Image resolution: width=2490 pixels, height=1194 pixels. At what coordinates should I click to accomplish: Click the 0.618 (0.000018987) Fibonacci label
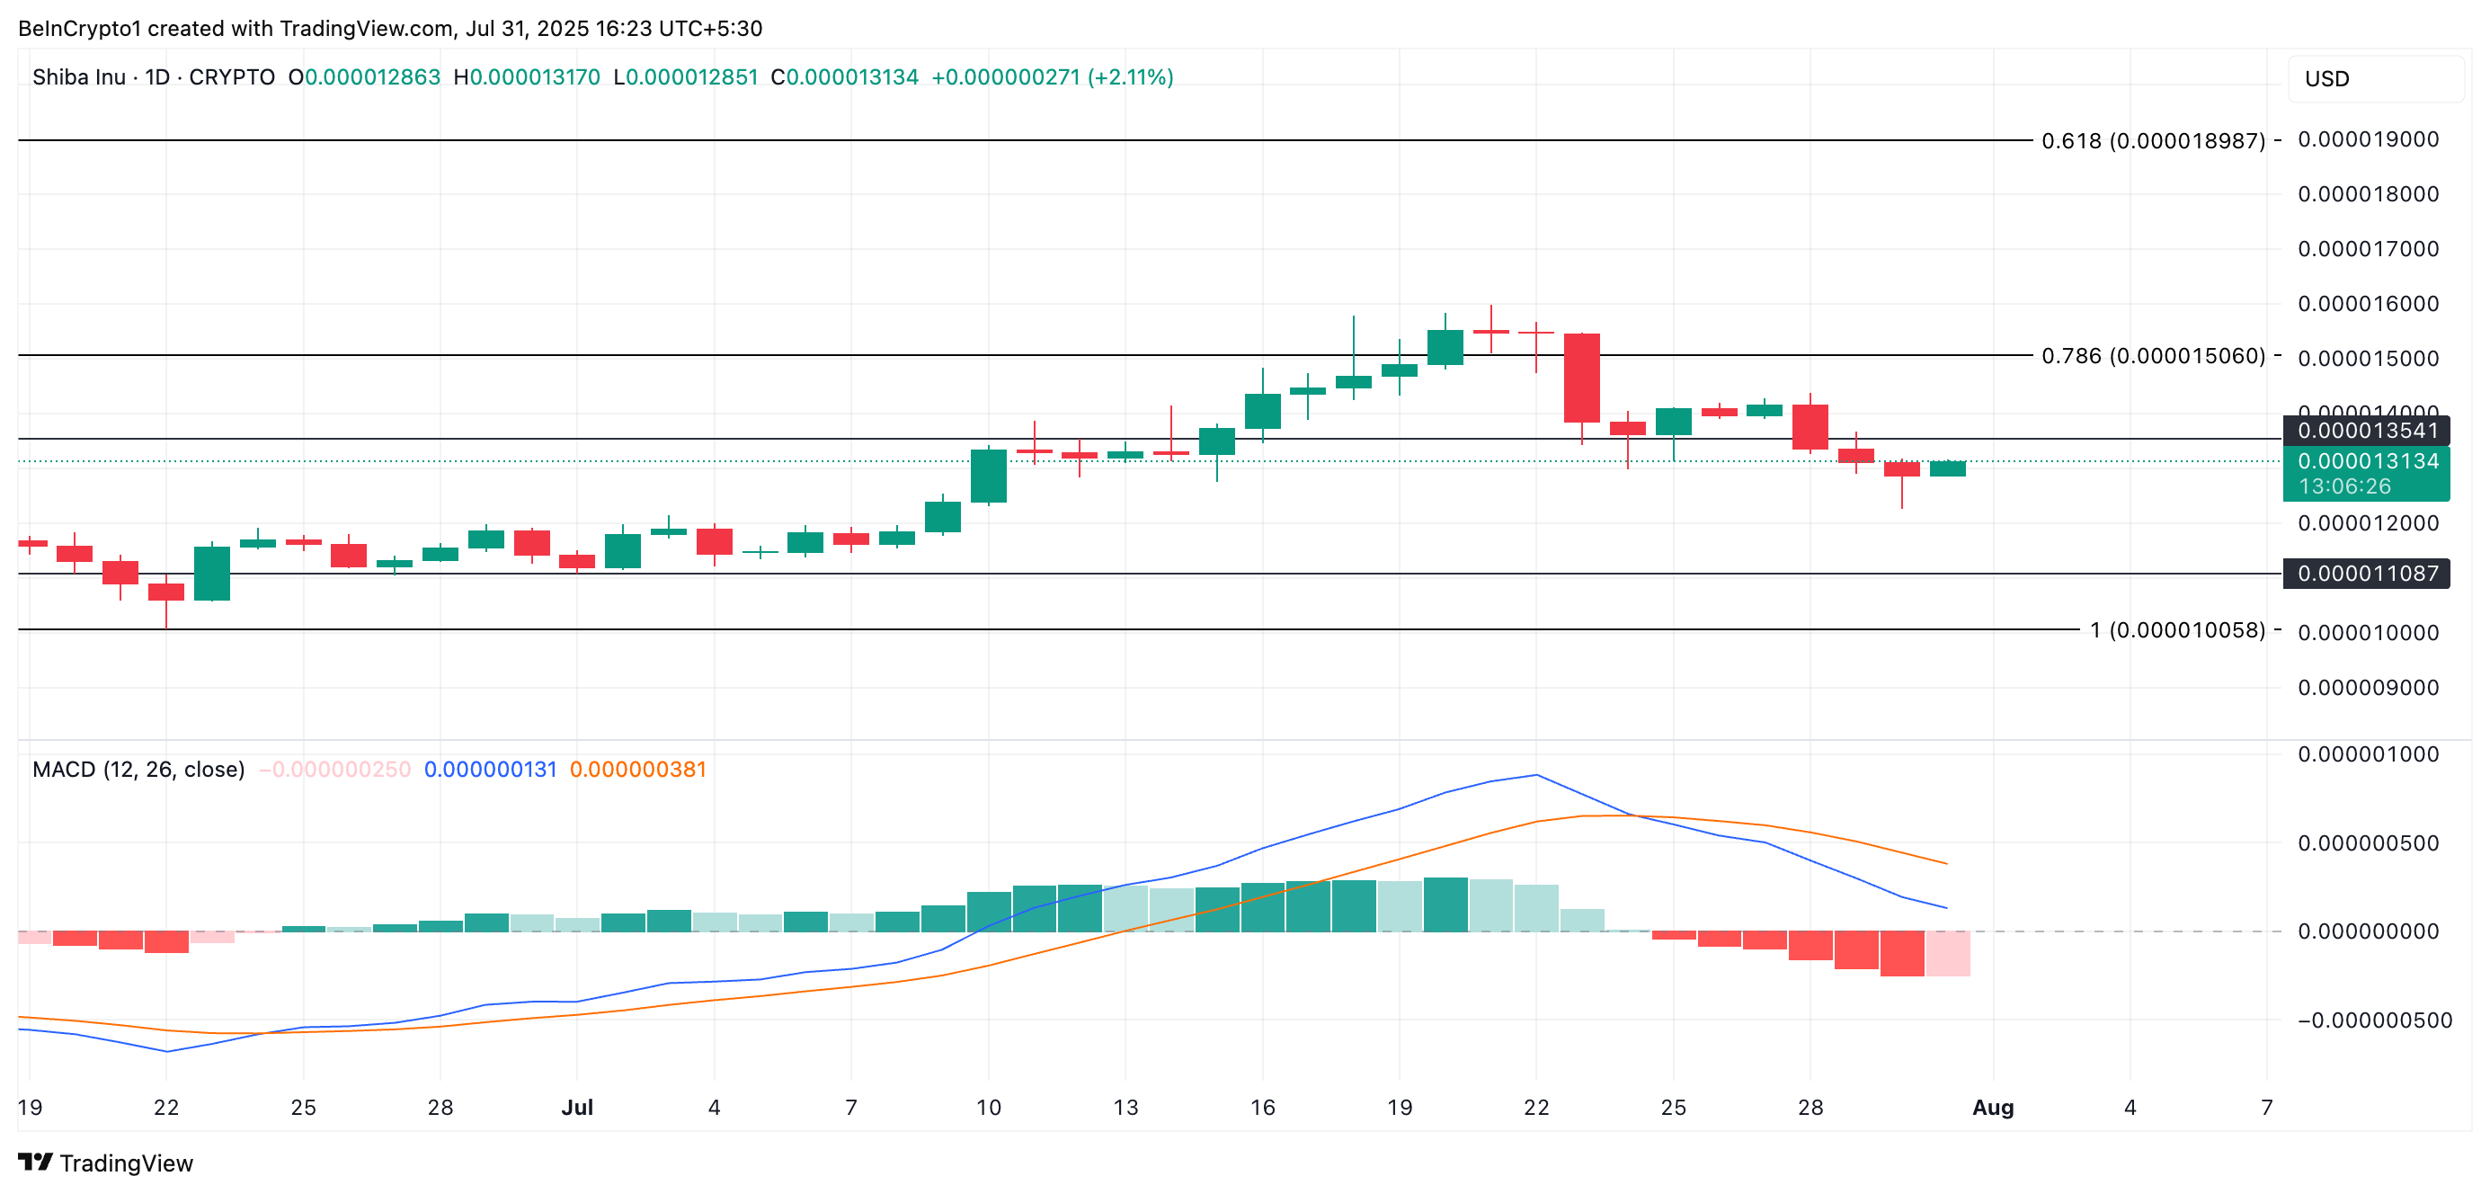[2152, 141]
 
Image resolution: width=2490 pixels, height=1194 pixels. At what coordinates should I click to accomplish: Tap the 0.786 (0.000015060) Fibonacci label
[2152, 356]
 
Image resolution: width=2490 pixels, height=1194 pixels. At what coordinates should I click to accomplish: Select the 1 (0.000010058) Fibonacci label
[2176, 630]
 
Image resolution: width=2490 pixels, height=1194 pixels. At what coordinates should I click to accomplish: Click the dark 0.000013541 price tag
[2366, 431]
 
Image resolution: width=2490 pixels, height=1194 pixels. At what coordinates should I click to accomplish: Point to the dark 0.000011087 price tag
[2366, 574]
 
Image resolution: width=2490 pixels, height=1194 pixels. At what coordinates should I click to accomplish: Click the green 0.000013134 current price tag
[2366, 462]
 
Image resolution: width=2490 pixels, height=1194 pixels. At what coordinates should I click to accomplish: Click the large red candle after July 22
[1581, 378]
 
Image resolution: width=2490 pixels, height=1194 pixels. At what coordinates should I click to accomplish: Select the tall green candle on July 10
[988, 476]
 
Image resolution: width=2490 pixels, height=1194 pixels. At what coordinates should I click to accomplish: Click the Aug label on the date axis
[1992, 1107]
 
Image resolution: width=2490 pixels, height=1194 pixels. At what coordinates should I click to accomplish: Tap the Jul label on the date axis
[577, 1107]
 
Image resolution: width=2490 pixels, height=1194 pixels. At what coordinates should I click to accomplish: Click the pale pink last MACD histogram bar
[1948, 953]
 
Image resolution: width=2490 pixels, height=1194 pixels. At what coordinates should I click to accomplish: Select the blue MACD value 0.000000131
[490, 770]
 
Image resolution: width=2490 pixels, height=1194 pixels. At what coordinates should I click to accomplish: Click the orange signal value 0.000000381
[638, 770]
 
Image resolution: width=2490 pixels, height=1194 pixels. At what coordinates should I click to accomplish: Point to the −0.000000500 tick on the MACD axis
[2374, 1020]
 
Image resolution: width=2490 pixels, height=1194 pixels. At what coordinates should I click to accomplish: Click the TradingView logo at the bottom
[106, 1163]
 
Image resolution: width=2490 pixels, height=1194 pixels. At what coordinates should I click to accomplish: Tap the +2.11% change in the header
[1130, 77]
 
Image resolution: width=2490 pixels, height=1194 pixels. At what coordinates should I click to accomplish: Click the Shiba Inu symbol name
[78, 77]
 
